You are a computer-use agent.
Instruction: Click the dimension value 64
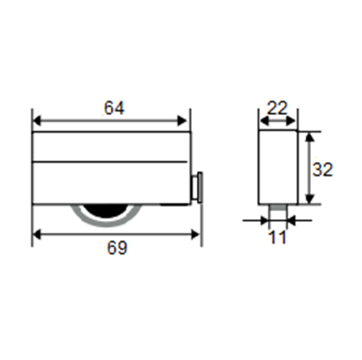(114, 108)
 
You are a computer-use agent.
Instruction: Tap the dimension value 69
(117, 248)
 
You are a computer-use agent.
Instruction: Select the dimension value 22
(278, 108)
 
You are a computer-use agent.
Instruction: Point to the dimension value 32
(322, 170)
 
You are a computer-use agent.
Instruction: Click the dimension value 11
(277, 237)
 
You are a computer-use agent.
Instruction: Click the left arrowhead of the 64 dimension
(37, 121)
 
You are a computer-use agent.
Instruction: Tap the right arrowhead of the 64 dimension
(182, 121)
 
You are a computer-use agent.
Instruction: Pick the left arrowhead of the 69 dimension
(37, 235)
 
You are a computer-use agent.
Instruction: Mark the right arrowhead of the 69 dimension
(195, 235)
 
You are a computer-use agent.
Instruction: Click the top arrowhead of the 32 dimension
(310, 137)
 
